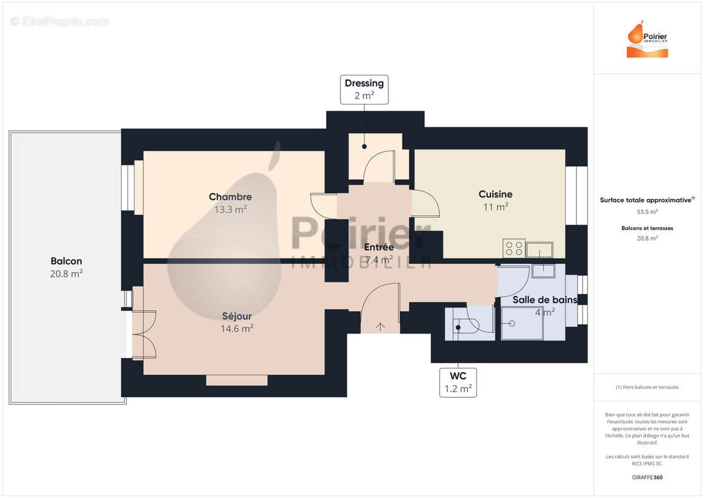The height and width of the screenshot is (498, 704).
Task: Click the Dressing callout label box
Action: (364, 90)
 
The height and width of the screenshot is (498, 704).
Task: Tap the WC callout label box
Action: (458, 382)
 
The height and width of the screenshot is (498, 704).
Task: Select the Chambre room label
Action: (230, 197)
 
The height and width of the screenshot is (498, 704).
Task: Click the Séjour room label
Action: (237, 316)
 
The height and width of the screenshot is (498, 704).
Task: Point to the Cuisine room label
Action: (495, 194)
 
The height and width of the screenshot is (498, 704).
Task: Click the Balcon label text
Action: (67, 261)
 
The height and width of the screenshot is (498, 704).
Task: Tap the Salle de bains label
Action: (545, 299)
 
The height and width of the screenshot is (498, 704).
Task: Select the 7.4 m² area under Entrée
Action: (378, 260)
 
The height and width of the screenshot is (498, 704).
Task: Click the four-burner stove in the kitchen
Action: (514, 248)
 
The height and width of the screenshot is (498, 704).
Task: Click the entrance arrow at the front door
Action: (380, 326)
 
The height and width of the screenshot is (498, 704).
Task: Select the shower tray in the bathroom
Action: (522, 323)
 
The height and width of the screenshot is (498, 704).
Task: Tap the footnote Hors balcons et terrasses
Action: (647, 387)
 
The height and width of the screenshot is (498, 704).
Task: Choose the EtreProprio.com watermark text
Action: (60, 22)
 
